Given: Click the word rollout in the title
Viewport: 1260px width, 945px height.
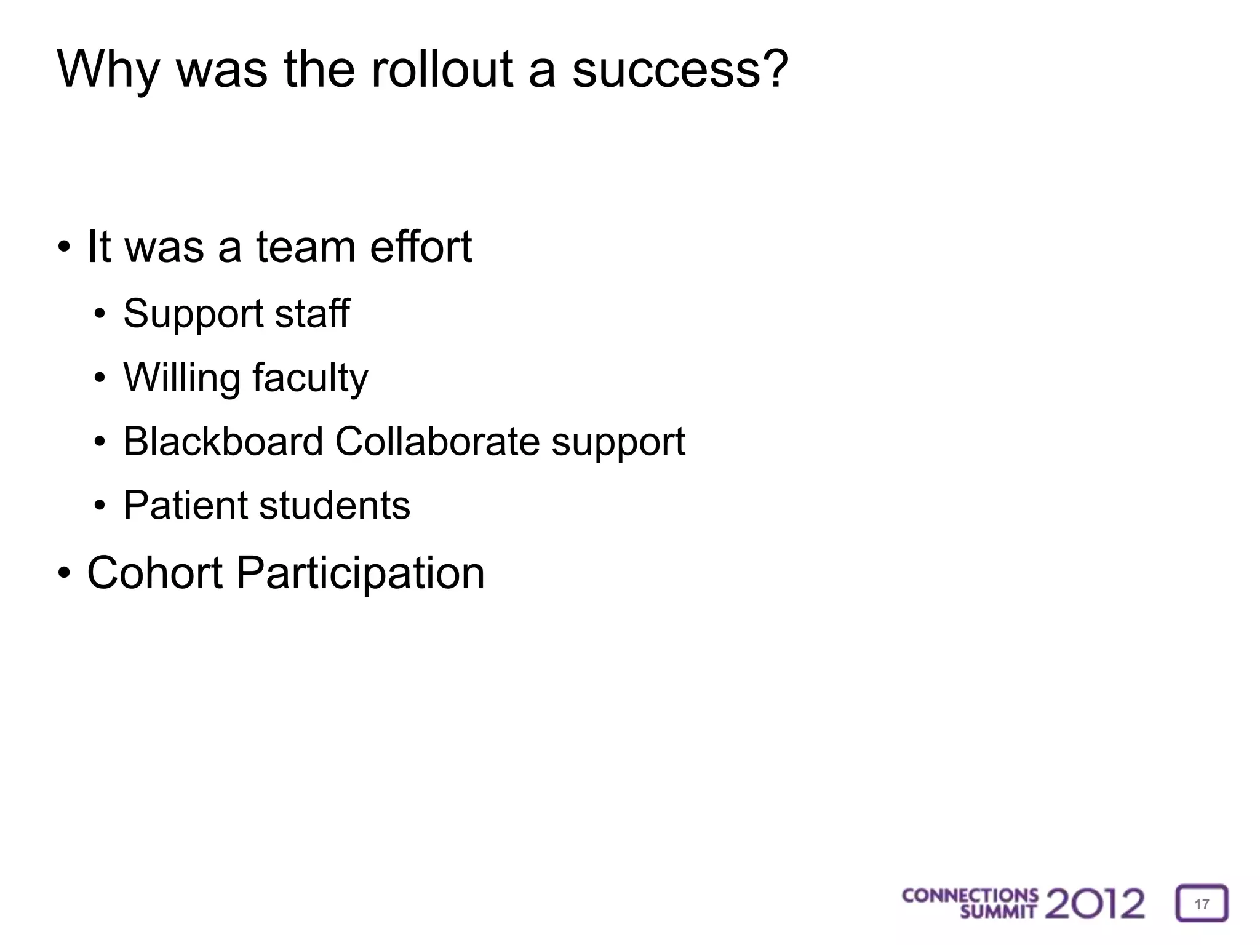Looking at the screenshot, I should (x=442, y=69).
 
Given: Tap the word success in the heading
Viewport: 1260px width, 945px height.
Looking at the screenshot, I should (x=680, y=69).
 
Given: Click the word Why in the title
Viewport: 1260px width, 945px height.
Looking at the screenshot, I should (x=108, y=70).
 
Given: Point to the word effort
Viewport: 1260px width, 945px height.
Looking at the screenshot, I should (x=421, y=247).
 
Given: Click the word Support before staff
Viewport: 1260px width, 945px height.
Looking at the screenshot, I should (x=193, y=314).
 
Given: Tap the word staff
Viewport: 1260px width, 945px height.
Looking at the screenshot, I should (x=312, y=313).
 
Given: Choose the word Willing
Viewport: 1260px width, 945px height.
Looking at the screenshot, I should (x=181, y=378).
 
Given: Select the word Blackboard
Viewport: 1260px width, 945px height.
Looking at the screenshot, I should (x=223, y=441).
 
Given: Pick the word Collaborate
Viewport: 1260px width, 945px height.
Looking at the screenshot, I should (x=437, y=441).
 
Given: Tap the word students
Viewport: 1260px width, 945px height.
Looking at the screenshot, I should (x=334, y=505).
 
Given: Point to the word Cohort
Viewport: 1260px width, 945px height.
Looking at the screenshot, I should (x=154, y=573).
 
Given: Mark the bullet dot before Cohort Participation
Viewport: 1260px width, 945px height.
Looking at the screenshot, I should (x=63, y=573).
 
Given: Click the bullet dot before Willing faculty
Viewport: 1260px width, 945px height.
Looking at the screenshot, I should (x=100, y=378).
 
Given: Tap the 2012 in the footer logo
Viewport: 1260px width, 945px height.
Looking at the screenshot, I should (x=1095, y=903).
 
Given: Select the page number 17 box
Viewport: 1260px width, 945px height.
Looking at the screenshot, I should (x=1202, y=903).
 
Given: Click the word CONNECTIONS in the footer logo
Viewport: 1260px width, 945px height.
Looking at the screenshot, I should (x=970, y=895).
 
